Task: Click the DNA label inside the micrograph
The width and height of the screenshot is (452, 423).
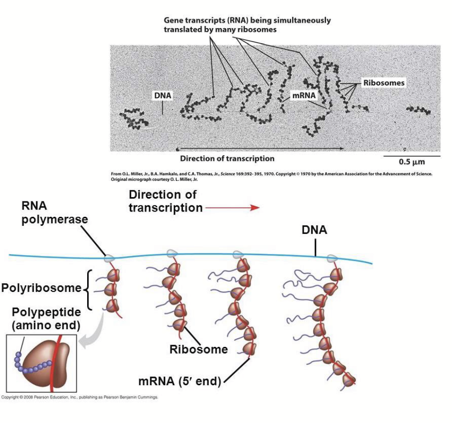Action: click(162, 95)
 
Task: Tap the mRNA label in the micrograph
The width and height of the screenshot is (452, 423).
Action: click(304, 95)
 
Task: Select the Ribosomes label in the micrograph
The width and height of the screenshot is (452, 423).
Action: click(384, 83)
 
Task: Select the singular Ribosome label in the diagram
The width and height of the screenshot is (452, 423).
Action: click(198, 349)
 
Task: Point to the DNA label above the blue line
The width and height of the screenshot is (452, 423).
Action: click(314, 230)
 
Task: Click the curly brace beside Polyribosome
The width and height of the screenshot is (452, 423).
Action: click(87, 289)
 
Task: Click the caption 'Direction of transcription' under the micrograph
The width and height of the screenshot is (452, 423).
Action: click(227, 158)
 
